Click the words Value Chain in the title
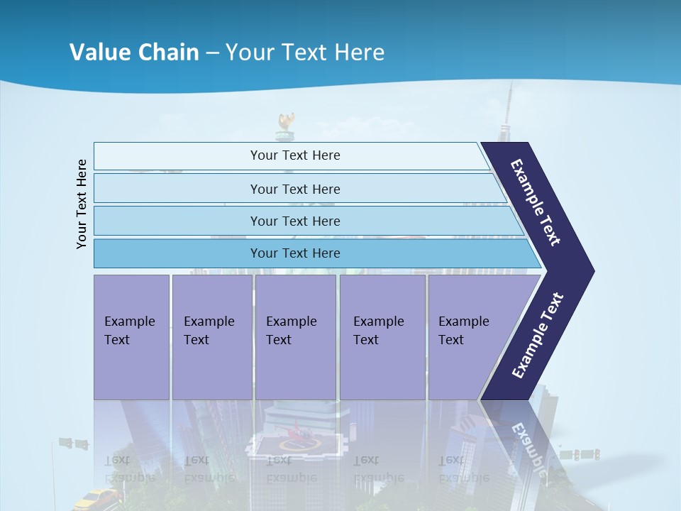point(134,53)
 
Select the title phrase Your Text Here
point(305,53)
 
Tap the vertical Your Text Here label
point(82,204)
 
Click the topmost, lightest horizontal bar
point(294,155)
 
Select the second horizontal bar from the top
point(294,189)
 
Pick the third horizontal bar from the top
point(294,221)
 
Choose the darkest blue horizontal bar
point(294,253)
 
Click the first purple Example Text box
point(131,336)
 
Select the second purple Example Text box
point(211,336)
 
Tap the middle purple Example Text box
point(295,336)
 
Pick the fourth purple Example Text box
point(382,336)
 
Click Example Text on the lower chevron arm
point(538,335)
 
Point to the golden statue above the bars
point(286,124)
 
